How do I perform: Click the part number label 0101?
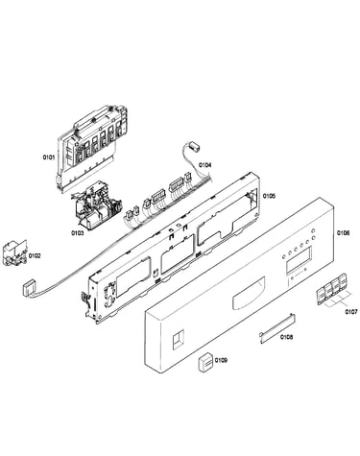point(49,157)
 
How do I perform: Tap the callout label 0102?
point(35,255)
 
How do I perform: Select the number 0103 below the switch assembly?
point(78,233)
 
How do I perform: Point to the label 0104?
point(204,165)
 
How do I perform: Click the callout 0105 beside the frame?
point(269,196)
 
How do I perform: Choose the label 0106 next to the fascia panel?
point(343,233)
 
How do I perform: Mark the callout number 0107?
point(351,311)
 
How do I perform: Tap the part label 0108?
point(286,337)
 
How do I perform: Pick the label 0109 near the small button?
point(221,360)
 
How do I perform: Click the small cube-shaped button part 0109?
point(204,363)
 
